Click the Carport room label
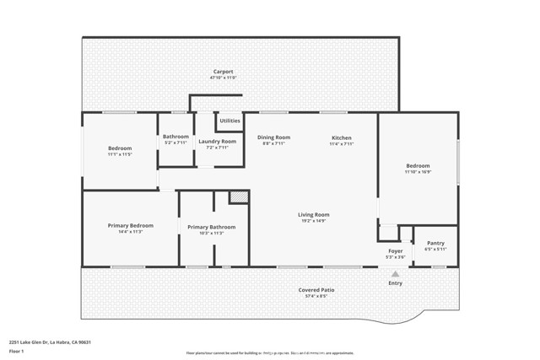(x=222, y=72)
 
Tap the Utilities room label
(x=229, y=121)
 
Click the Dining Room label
(x=273, y=137)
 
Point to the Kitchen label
(x=341, y=137)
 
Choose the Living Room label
(x=313, y=214)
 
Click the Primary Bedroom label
(x=130, y=225)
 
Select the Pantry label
(x=435, y=243)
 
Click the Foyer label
(x=395, y=250)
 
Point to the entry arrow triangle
(x=395, y=272)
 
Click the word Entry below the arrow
(x=395, y=282)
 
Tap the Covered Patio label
(x=316, y=290)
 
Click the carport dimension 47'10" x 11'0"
(x=222, y=78)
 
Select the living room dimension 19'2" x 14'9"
(x=313, y=221)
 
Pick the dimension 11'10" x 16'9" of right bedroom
(x=418, y=172)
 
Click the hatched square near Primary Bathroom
(x=240, y=197)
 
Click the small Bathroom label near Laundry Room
(x=175, y=137)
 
